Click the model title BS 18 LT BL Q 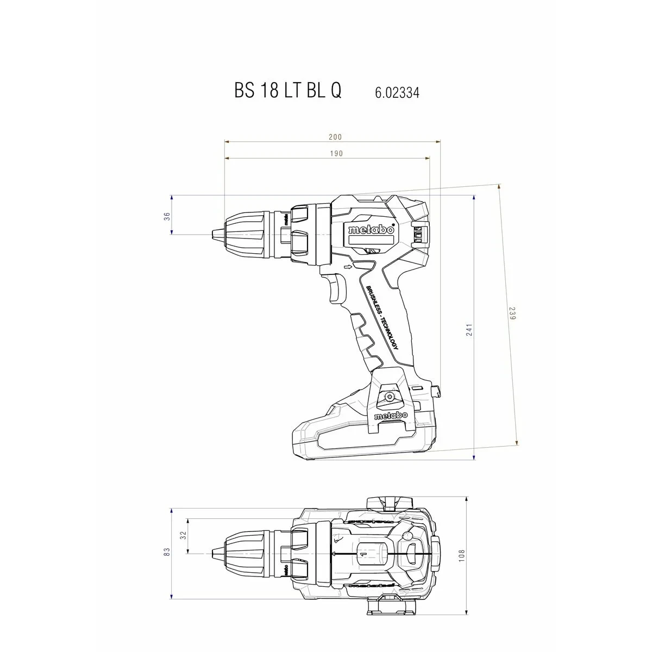click(288, 90)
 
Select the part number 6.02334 click(397, 92)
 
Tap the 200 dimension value click(335, 137)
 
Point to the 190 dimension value click(336, 154)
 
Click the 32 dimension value click(183, 535)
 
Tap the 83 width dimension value click(167, 551)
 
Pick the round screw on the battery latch click(389, 397)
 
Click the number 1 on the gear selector click(361, 553)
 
